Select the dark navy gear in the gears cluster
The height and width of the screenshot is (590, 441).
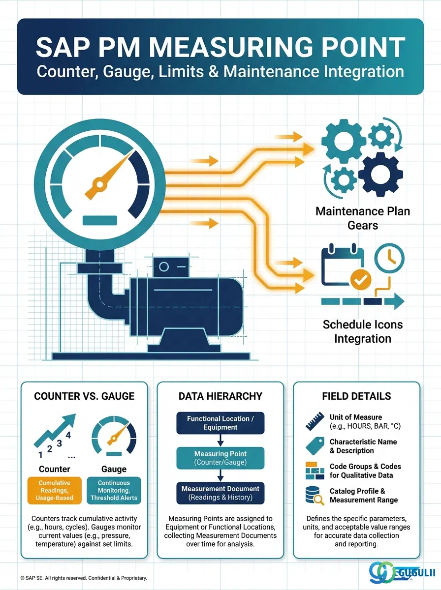(x=380, y=174)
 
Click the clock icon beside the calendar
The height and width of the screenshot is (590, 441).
(x=389, y=258)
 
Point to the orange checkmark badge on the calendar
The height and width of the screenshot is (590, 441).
(x=361, y=280)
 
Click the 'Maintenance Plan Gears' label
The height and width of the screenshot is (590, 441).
(x=363, y=218)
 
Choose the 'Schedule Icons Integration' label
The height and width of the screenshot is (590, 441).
(x=363, y=331)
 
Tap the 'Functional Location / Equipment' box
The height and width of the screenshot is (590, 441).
(x=220, y=423)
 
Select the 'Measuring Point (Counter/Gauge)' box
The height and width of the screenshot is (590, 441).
(x=220, y=458)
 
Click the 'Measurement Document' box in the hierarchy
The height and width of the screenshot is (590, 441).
(x=220, y=493)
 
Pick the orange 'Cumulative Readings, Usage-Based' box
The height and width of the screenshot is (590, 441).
(x=54, y=490)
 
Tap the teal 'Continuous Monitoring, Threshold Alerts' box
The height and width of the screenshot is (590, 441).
(x=114, y=490)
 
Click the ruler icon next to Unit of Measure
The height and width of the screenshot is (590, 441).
(x=315, y=421)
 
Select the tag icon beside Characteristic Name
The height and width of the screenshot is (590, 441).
(x=315, y=446)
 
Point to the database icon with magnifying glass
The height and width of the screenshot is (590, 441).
(x=315, y=496)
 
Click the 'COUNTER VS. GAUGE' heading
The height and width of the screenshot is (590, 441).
(x=84, y=396)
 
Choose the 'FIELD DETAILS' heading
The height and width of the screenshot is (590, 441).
(x=356, y=396)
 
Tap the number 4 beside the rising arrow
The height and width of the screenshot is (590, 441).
(x=68, y=435)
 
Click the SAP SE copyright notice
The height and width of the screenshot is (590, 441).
(x=84, y=578)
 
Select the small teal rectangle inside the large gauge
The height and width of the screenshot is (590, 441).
(x=100, y=220)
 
